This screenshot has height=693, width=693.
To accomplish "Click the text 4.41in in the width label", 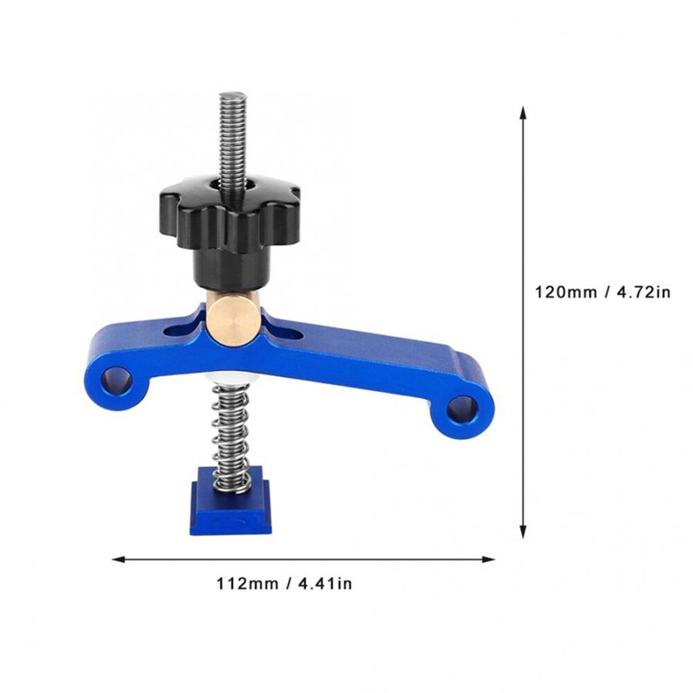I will [325, 584].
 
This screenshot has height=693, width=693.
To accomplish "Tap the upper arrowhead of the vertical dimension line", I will [523, 113].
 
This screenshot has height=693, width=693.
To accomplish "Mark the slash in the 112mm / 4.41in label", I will [286, 584].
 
